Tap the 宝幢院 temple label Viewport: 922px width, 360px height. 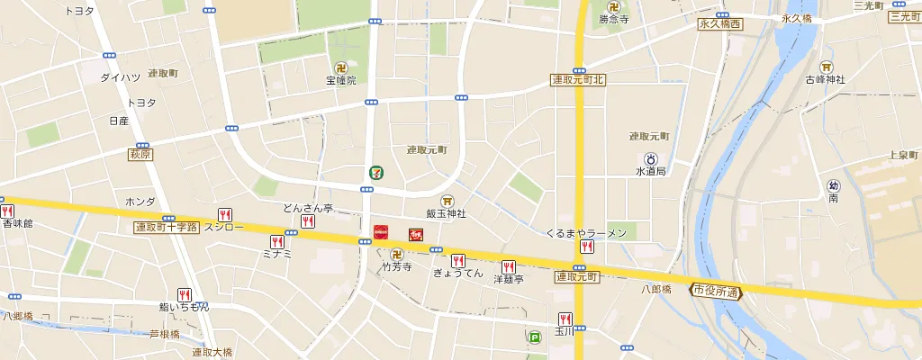click(341, 81)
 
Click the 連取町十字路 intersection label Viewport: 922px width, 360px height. click(166, 227)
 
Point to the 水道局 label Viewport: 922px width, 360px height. click(649, 170)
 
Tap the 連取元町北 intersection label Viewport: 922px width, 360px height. click(578, 80)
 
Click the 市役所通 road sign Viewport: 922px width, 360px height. click(716, 291)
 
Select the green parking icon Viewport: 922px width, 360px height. click(534, 338)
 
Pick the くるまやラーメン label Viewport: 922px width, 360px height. click(586, 233)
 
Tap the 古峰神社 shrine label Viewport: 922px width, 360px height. click(826, 79)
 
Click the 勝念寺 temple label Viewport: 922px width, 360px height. click(613, 19)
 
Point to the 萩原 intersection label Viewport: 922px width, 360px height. click(140, 155)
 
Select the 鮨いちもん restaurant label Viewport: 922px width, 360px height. click(184, 307)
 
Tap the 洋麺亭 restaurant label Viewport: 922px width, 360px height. click(508, 280)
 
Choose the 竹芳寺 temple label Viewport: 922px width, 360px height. click(396, 267)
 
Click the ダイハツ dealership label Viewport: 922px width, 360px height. click(119, 78)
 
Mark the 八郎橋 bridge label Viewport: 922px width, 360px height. click(656, 289)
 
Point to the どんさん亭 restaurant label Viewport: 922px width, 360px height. click(308, 208)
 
